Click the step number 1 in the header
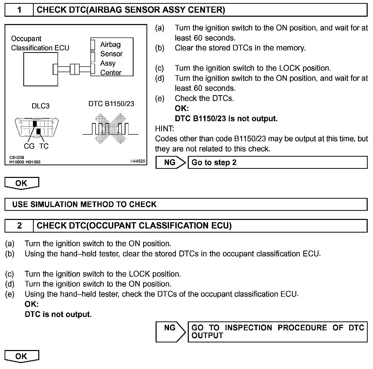point(19,10)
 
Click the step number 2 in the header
point(19,226)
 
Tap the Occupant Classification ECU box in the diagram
point(41,69)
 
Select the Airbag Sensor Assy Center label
point(111,58)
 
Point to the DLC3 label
point(41,106)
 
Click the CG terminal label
point(29,146)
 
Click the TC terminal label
point(44,146)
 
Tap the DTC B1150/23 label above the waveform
point(111,104)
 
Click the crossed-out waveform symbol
point(110,129)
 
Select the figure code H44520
point(138,161)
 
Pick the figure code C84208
point(17,157)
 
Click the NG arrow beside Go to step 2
point(170,162)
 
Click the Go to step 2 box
point(277,162)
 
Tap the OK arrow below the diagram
point(22,183)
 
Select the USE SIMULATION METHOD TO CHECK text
point(84,204)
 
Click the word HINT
point(164,129)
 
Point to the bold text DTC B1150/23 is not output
point(226,119)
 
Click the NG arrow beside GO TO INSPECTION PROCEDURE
point(170,332)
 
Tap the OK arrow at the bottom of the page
point(22,356)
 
